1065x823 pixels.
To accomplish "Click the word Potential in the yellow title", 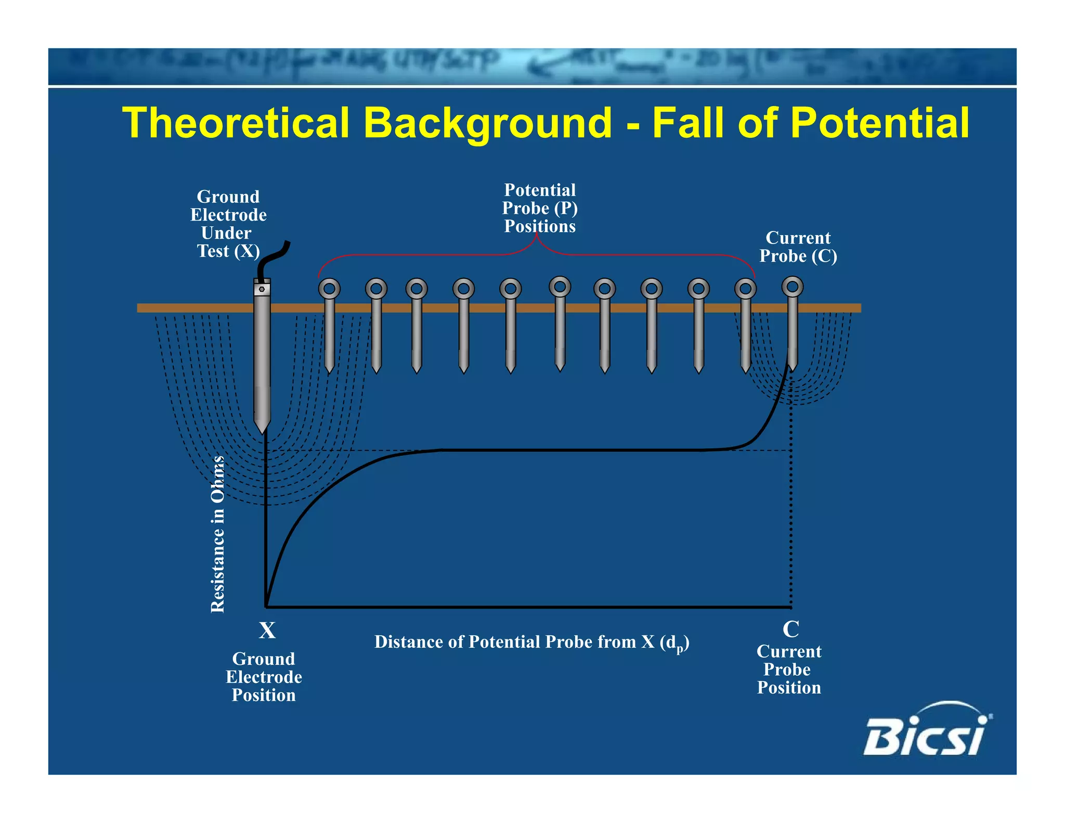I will click(879, 123).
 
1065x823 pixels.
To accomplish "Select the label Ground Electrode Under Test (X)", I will click(228, 224).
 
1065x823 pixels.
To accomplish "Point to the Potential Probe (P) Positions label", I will click(540, 208).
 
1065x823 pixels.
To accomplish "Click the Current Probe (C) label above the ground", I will click(798, 247).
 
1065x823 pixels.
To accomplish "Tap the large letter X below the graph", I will click(267, 631).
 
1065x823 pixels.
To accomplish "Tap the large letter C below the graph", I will click(790, 629).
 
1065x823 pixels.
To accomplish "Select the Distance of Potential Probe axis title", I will click(531, 642).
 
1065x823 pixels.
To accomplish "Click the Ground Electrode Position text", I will click(264, 677).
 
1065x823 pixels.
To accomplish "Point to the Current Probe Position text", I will click(789, 670).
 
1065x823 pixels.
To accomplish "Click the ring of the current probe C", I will click(793, 287).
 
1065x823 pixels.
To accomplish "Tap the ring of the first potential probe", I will click(329, 288).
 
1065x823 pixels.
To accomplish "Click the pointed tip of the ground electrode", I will click(262, 429).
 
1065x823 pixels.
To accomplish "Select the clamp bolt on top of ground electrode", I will click(262, 289).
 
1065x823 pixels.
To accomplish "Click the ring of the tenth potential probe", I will click(745, 288).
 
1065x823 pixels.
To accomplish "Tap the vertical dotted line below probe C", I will click(791, 510).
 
